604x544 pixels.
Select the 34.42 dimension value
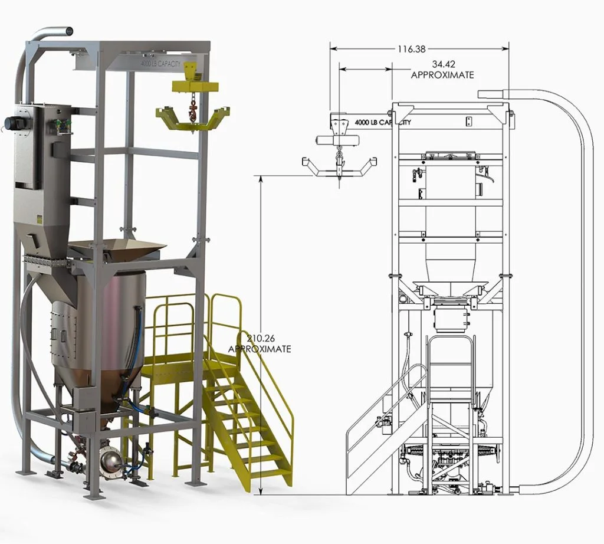coord(444,64)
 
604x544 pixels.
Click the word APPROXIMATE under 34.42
coord(442,75)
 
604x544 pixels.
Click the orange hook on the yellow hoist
coord(192,113)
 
